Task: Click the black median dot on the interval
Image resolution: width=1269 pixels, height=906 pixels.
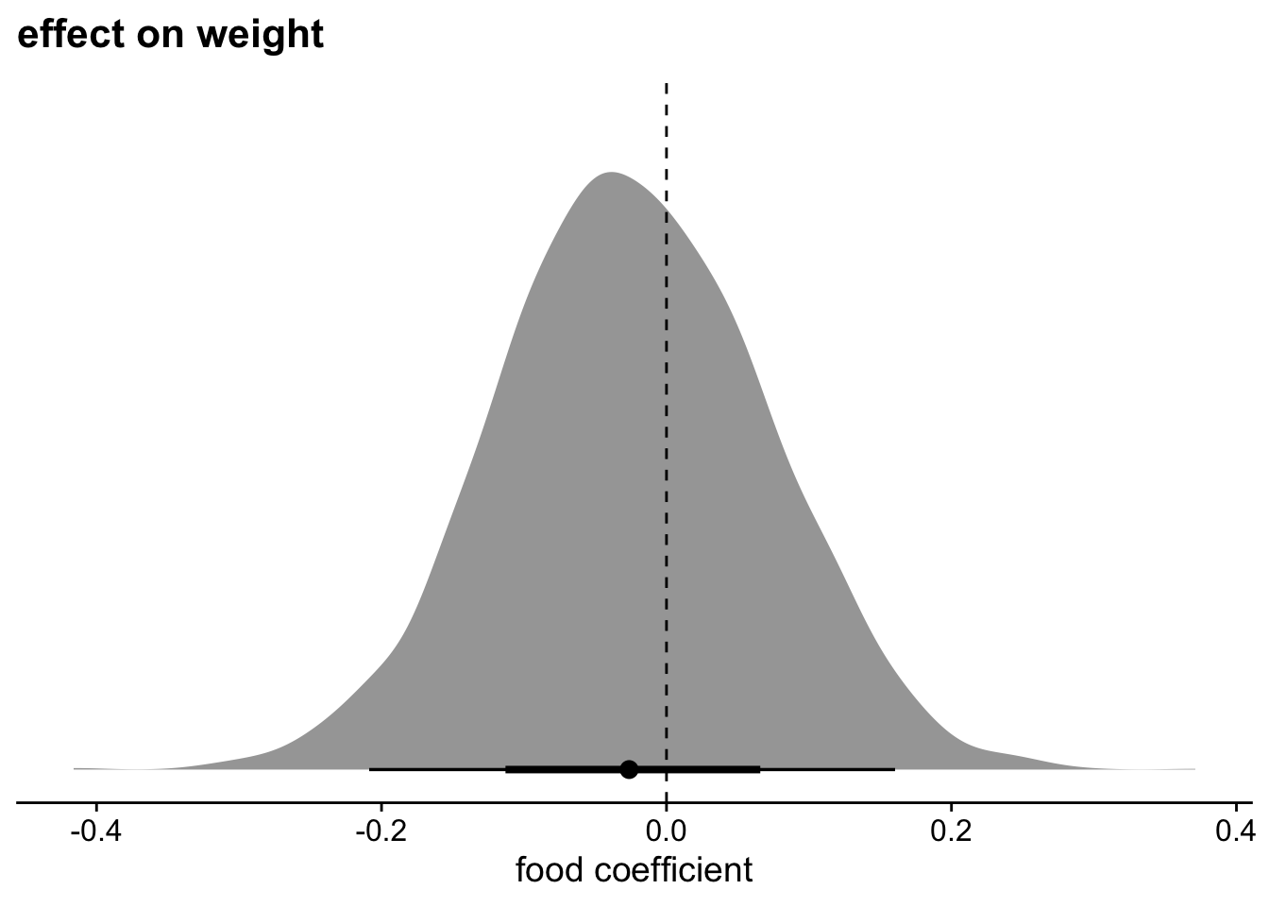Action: pos(629,769)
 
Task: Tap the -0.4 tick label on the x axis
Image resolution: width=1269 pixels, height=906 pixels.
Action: pos(95,831)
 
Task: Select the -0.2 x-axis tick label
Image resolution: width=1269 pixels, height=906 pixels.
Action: pos(381,831)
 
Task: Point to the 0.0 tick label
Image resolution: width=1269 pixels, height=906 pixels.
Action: pos(667,831)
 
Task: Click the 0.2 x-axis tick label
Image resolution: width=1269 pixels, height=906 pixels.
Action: pos(952,831)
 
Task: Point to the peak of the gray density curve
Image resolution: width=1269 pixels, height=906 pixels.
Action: pos(612,174)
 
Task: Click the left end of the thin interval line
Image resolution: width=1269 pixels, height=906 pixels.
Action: pos(370,769)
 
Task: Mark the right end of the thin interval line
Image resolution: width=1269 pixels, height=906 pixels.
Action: pos(894,769)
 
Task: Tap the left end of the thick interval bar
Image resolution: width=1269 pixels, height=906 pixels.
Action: pos(507,769)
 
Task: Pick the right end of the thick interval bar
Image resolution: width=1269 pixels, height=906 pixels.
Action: pos(759,769)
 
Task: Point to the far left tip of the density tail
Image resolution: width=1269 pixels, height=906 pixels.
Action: pos(75,769)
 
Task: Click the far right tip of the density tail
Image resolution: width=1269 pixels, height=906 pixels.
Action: pos(1194,769)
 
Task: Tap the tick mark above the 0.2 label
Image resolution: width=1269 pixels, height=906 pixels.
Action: pos(952,809)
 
